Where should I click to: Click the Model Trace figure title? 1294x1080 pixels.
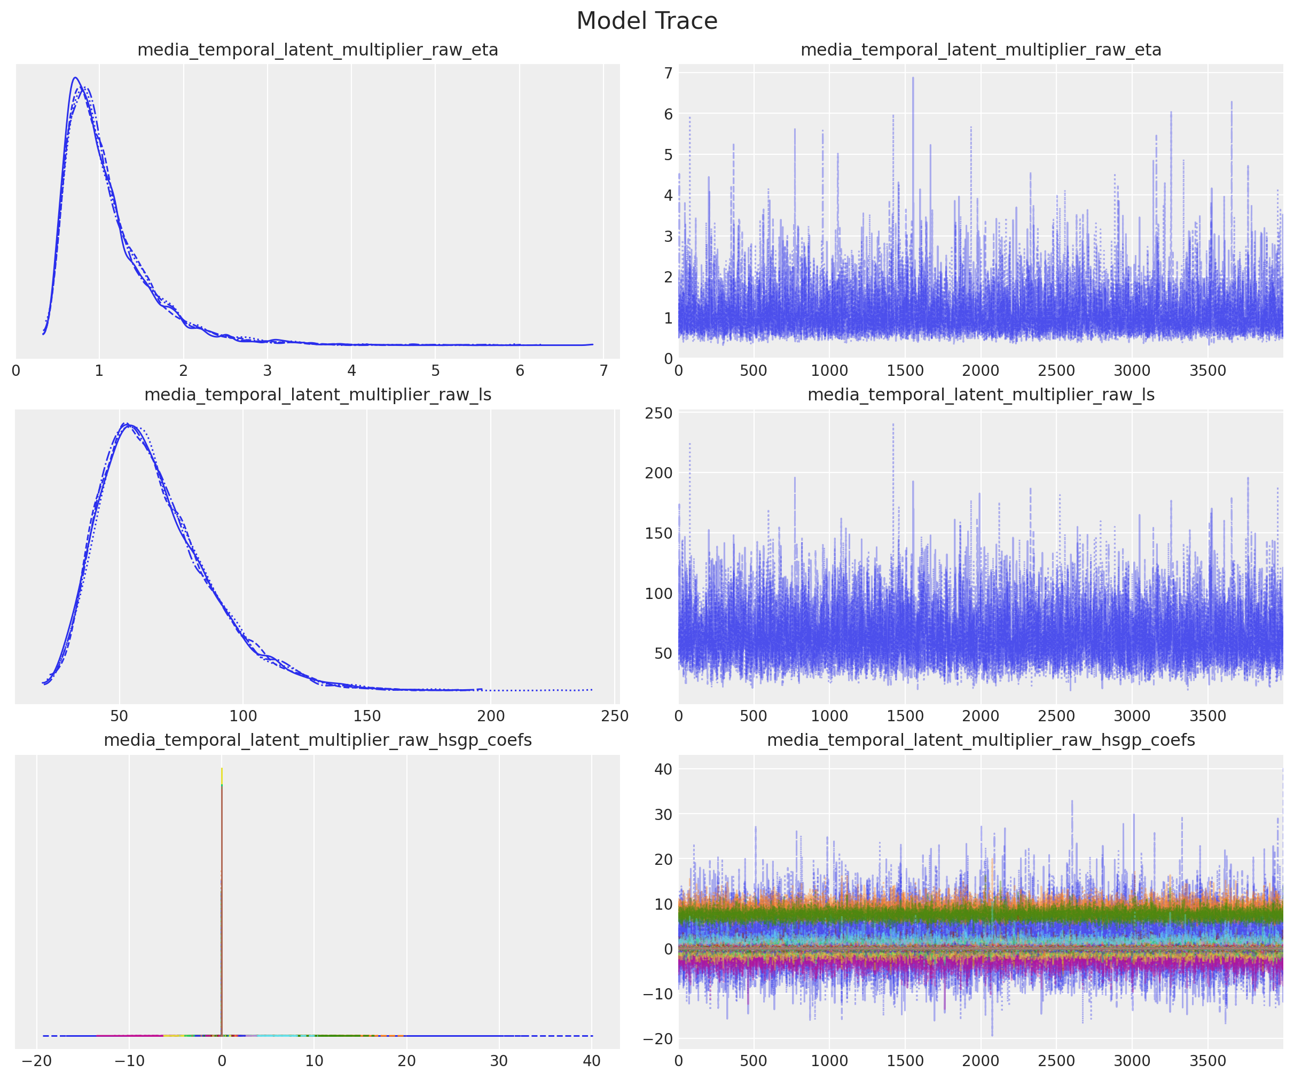tap(647, 21)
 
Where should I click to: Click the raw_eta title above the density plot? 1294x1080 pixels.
tap(317, 50)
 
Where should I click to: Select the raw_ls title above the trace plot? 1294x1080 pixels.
tap(981, 395)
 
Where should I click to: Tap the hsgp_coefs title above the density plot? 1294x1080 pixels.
tap(317, 740)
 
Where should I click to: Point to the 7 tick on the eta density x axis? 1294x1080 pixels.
tap(603, 371)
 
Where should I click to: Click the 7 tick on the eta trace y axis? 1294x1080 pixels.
tap(668, 73)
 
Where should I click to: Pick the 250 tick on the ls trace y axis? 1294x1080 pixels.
tap(658, 413)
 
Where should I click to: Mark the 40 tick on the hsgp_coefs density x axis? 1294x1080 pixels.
tap(591, 1061)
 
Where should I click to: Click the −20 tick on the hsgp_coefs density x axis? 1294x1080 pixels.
tap(36, 1061)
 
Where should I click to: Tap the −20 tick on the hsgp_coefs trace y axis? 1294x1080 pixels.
tap(657, 1039)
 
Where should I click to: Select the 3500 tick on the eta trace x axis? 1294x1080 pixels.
tap(1207, 371)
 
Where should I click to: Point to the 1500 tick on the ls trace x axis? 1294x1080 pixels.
tap(905, 716)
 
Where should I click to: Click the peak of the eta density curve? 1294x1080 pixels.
tap(75, 77)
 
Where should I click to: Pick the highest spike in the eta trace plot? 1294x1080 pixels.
tap(913, 77)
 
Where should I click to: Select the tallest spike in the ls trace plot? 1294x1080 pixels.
tap(893, 424)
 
